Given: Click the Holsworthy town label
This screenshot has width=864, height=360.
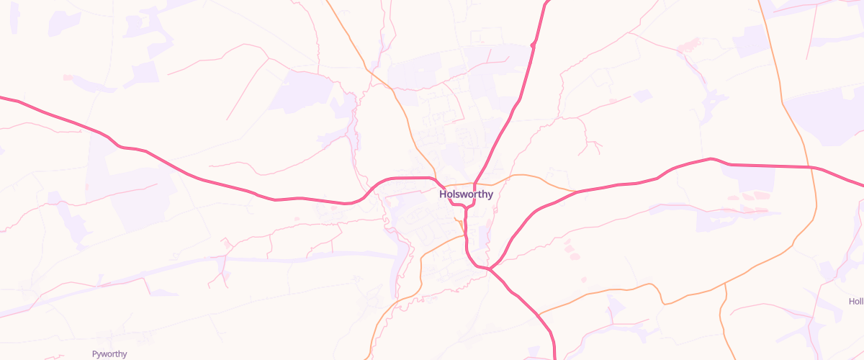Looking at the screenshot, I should (x=466, y=194).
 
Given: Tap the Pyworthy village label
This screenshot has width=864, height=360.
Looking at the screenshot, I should (x=109, y=354).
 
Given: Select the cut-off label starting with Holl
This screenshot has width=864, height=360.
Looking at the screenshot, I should (x=855, y=301).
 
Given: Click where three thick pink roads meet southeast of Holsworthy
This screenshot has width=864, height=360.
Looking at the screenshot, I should (x=490, y=269).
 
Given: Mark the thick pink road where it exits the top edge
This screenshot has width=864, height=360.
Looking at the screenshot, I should (x=546, y=2).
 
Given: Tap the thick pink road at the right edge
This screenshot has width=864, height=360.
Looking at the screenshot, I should (x=861, y=184).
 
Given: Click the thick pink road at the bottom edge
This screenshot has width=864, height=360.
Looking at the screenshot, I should (x=555, y=356).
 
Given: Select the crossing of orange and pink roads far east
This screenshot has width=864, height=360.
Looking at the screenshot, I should (x=808, y=167).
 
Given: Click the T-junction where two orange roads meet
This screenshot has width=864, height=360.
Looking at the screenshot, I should (x=725, y=285).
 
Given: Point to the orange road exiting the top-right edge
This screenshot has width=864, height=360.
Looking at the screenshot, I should (x=760, y=2).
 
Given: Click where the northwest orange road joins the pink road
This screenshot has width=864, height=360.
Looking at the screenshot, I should (x=434, y=176).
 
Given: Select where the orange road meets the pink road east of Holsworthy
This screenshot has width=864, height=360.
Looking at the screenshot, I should (x=576, y=192).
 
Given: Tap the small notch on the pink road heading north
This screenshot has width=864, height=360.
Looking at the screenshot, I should (x=533, y=45).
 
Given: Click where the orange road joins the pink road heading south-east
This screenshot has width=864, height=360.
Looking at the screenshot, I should (x=539, y=313).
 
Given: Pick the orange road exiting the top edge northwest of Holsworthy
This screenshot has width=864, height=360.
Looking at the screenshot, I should (x=328, y=2).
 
